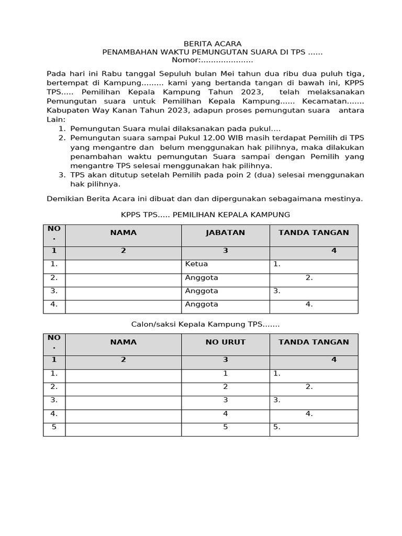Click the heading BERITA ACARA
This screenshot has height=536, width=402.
212,44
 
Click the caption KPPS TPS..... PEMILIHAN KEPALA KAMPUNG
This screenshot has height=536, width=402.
205,215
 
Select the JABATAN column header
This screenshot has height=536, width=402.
225,233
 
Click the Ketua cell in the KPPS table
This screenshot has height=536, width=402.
196,264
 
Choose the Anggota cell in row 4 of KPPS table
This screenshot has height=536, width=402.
202,304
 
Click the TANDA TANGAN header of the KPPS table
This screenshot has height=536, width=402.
314,233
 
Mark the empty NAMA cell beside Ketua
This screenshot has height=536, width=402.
123,266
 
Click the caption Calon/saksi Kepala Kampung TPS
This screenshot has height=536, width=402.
205,325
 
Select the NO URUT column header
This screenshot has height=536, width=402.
225,342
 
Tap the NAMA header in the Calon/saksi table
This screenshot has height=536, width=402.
123,342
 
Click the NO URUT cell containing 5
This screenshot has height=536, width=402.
225,427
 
